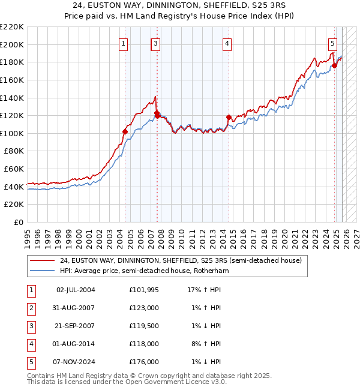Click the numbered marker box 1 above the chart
coord(123,43)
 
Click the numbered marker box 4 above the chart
coord(228,43)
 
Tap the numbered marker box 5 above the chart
coord(332,43)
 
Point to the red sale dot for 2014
coord(229,118)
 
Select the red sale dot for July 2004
coord(125,131)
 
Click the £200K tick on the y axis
coord(12,44)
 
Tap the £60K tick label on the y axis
coord(14,169)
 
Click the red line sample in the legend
coord(43,260)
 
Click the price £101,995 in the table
coord(143,290)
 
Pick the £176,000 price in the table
coord(143,362)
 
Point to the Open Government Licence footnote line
coord(127,382)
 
